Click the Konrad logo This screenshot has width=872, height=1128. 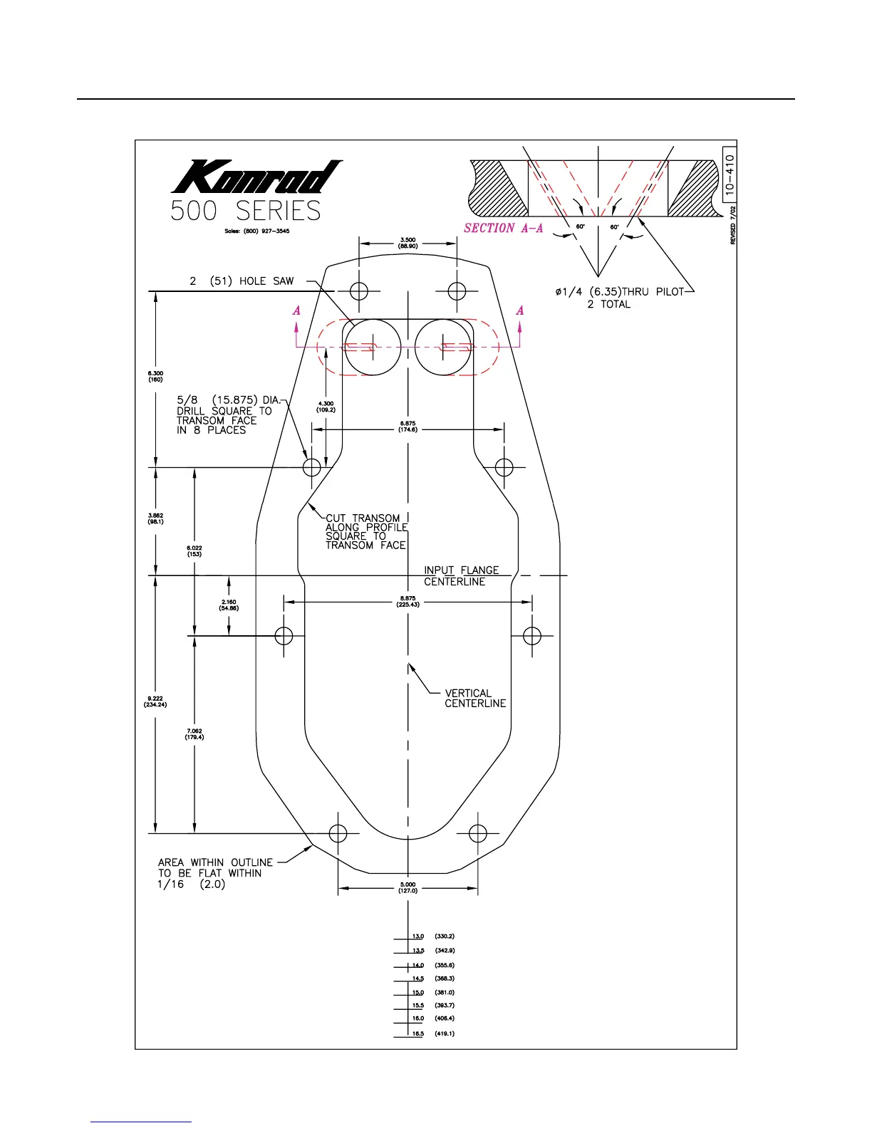click(x=256, y=176)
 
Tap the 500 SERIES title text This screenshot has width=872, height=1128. click(x=246, y=211)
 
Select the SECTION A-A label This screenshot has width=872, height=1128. click(x=503, y=228)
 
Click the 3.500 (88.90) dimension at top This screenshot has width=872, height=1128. click(x=408, y=243)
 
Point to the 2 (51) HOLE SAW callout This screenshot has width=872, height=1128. click(x=242, y=281)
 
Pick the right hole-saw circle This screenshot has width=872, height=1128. click(x=443, y=347)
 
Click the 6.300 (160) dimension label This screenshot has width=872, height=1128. click(x=155, y=377)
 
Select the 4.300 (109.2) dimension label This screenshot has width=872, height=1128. click(x=326, y=407)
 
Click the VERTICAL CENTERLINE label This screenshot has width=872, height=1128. click(x=475, y=698)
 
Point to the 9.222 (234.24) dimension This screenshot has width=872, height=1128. click(x=155, y=701)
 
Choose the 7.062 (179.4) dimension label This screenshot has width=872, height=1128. click(x=194, y=734)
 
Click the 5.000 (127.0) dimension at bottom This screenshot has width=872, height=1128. click(x=408, y=887)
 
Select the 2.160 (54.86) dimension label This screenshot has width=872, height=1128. click(x=229, y=605)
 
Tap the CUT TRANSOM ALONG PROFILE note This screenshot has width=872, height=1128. click(x=366, y=532)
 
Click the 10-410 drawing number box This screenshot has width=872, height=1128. click(x=729, y=174)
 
